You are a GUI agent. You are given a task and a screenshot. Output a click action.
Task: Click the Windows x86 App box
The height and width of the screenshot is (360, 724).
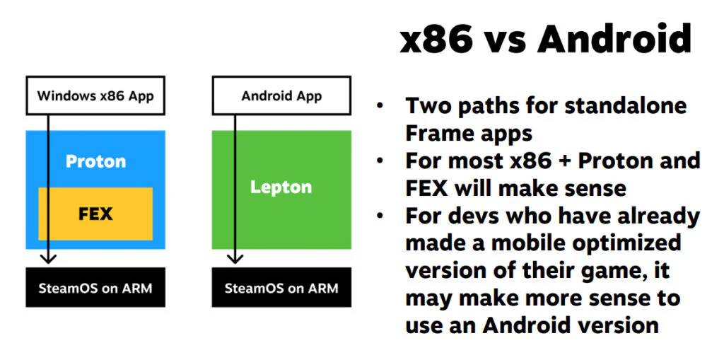(95, 96)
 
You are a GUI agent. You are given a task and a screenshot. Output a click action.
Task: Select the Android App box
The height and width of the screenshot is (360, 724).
(281, 96)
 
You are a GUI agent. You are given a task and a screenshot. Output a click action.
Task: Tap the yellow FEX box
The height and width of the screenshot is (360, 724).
(95, 213)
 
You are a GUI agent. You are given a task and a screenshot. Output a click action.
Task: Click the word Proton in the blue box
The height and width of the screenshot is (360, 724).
(95, 162)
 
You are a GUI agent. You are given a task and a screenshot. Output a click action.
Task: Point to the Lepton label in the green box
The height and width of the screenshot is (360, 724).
(281, 187)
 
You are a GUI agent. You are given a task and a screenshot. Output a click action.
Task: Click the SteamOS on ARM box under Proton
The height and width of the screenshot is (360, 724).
(95, 288)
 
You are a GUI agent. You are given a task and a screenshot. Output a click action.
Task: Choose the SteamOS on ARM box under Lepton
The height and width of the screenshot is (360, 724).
(281, 288)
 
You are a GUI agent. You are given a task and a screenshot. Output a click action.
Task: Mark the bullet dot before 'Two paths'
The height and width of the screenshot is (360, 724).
(381, 106)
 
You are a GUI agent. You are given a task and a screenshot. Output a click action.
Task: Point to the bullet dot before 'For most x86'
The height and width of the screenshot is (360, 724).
(381, 161)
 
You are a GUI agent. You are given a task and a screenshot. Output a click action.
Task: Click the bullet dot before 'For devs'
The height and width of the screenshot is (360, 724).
(381, 216)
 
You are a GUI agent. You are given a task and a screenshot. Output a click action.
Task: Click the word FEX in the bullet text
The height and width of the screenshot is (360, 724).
(426, 188)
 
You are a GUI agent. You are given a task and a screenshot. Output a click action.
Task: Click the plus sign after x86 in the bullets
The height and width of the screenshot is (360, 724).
(565, 161)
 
